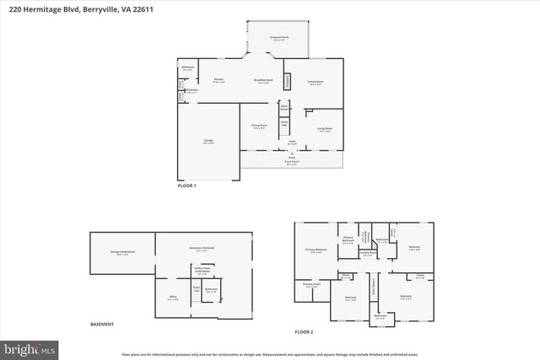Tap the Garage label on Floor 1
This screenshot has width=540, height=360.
coord(208,141)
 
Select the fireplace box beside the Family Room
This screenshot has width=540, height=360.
coord(287,81)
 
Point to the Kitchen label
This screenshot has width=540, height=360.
coord(219,81)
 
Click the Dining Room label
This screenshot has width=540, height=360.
coord(258,126)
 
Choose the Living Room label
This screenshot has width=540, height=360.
coord(324,129)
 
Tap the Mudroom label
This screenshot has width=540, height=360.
coord(192,90)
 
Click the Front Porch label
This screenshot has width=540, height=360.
coord(292,162)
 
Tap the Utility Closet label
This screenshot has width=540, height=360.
coord(202,269)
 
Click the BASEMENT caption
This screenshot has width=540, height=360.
coord(102,325)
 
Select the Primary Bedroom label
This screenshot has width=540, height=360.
coord(316,250)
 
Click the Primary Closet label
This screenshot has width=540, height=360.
coord(312,285)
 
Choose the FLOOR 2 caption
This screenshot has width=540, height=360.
coord(304,332)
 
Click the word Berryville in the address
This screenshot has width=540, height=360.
coord(104,9)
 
